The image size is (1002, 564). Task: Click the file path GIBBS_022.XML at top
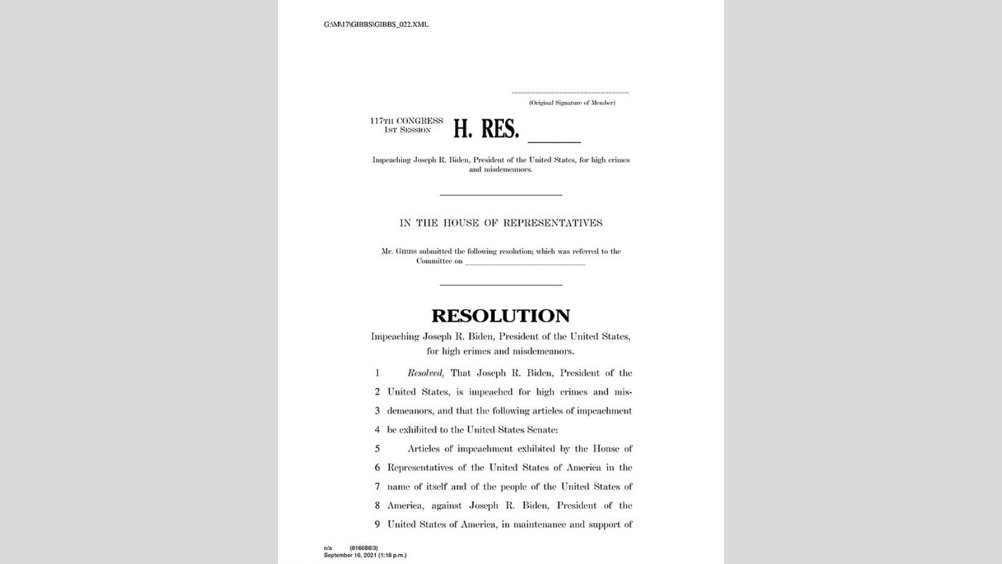pyautogui.click(x=376, y=24)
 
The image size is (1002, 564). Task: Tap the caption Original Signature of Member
pyautogui.click(x=572, y=103)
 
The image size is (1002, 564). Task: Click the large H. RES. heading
pyautogui.click(x=486, y=129)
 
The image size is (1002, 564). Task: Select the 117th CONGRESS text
pyautogui.click(x=406, y=121)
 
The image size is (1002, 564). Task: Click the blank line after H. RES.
pyautogui.click(x=554, y=140)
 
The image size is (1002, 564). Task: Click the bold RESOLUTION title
pyautogui.click(x=500, y=316)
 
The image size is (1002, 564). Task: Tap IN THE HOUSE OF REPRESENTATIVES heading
pyautogui.click(x=501, y=223)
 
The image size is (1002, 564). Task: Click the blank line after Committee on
pyautogui.click(x=525, y=263)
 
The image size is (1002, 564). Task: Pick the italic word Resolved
pyautogui.click(x=426, y=373)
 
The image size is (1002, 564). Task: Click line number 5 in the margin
pyautogui.click(x=377, y=449)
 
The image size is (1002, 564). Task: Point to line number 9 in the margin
pyautogui.click(x=377, y=524)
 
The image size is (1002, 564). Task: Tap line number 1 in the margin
pyautogui.click(x=377, y=373)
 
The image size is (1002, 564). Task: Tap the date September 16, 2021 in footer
pyautogui.click(x=349, y=555)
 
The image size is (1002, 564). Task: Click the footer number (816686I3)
pyautogui.click(x=364, y=548)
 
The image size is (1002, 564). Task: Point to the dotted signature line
pyautogui.click(x=570, y=93)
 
